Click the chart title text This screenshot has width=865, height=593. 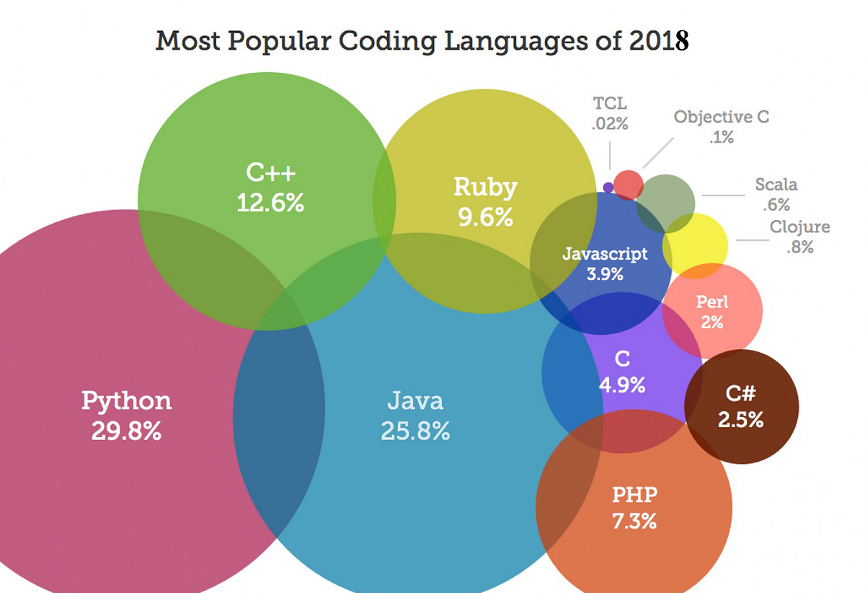(x=422, y=41)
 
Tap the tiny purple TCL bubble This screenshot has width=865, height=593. (x=608, y=188)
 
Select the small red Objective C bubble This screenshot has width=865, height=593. (x=628, y=185)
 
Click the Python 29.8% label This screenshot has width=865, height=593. (x=126, y=415)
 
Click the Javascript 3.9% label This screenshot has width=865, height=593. (x=605, y=263)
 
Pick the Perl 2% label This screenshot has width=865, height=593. (x=711, y=311)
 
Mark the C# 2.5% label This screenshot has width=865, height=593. (x=740, y=407)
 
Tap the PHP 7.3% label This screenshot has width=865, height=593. (x=634, y=507)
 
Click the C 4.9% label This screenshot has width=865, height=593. (x=621, y=372)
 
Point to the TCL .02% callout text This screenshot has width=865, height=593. (x=610, y=113)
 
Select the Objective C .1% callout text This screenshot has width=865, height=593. (x=721, y=126)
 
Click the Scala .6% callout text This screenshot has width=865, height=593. (x=776, y=194)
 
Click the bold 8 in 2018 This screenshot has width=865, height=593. (x=681, y=41)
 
